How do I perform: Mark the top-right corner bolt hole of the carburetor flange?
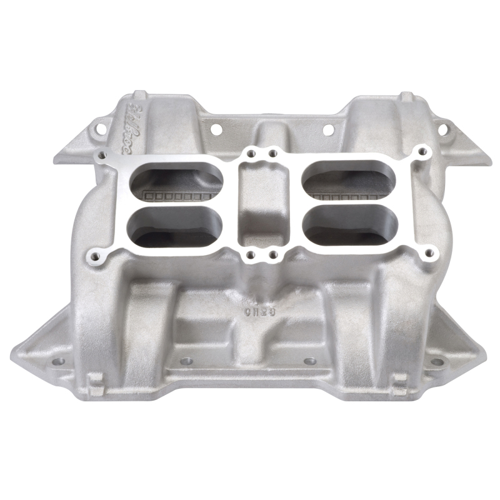click(425, 150)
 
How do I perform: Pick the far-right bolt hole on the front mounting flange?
click(437, 361)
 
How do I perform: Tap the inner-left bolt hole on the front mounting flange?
click(185, 361)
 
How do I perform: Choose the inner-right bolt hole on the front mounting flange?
click(311, 361)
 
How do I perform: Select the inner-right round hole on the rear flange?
click(325, 129)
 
